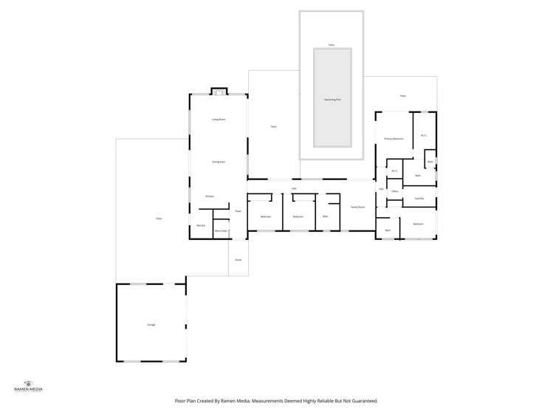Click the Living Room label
click(x=218, y=119)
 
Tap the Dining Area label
click(x=218, y=161)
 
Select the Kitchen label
click(x=210, y=196)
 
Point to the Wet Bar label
click(x=200, y=225)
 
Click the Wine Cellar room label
click(x=221, y=231)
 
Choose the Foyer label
click(x=238, y=211)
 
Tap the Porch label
click(x=238, y=260)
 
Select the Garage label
click(x=151, y=325)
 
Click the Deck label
click(x=273, y=127)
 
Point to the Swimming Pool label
click(x=332, y=99)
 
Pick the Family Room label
click(x=357, y=207)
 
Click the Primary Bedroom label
click(x=393, y=139)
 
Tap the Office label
click(x=395, y=191)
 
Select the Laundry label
click(x=419, y=198)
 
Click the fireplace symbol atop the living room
click(x=218, y=92)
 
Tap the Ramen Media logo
click(x=29, y=385)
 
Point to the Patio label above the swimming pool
click(x=332, y=45)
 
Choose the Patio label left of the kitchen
click(x=158, y=219)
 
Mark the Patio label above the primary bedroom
click(x=402, y=96)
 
